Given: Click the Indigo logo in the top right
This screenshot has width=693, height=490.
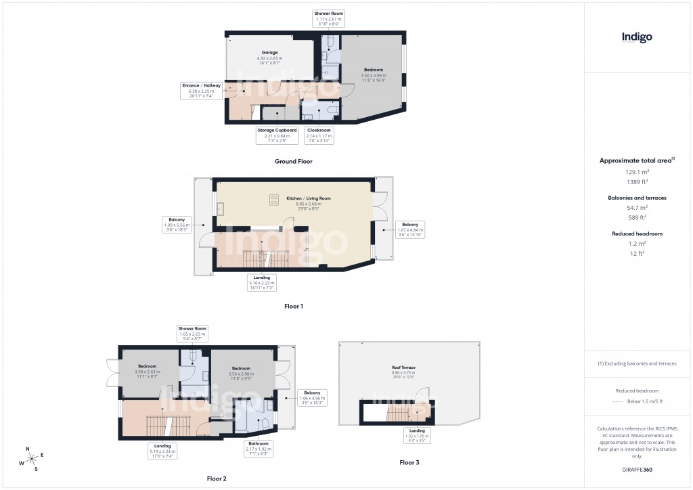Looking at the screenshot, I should (x=637, y=38).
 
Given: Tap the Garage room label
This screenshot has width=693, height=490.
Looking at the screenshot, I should (x=270, y=52).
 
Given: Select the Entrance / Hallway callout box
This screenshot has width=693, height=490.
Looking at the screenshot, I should (x=201, y=91).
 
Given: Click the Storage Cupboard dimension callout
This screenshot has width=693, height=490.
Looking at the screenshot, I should (x=277, y=135).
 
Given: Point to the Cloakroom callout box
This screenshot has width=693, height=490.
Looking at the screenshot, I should (x=318, y=135).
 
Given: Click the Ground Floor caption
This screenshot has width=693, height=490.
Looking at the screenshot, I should (x=293, y=162).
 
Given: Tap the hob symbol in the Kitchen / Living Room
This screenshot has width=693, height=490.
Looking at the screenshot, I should (x=275, y=200).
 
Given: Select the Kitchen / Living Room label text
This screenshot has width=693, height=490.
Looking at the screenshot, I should (x=308, y=198).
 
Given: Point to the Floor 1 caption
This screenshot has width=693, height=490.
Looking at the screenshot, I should (x=294, y=307).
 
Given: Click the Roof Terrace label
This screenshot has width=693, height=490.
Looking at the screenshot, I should (x=403, y=367).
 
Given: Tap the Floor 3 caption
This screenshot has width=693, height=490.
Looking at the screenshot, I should (x=409, y=463).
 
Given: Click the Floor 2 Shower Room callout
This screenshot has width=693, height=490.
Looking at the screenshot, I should (x=192, y=334).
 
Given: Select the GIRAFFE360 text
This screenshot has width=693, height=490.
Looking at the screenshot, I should (x=637, y=469).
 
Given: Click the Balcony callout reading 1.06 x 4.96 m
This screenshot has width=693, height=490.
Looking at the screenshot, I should (x=313, y=397).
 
